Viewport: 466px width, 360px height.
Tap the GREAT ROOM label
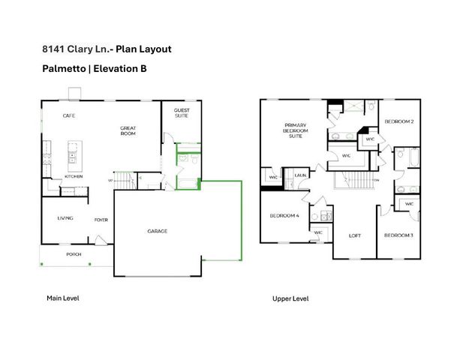pyautogui.click(x=128, y=132)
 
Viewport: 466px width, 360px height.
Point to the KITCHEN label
pyautogui.click(x=73, y=176)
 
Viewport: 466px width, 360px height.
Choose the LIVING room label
pyautogui.click(x=65, y=219)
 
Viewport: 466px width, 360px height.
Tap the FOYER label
pyautogui.click(x=100, y=220)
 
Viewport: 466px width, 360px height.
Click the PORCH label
pyautogui.click(x=74, y=254)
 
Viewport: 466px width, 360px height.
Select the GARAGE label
pyautogui.click(x=157, y=231)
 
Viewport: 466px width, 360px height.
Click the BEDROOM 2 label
pyautogui.click(x=400, y=121)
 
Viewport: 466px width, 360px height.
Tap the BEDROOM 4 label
pyautogui.click(x=284, y=216)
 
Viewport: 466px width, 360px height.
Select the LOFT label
pyautogui.click(x=355, y=235)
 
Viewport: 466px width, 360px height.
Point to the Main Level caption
pyautogui.click(x=62, y=298)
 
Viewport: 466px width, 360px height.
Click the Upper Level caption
pyautogui.click(x=290, y=298)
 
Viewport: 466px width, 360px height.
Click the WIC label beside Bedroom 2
pyautogui.click(x=369, y=139)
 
